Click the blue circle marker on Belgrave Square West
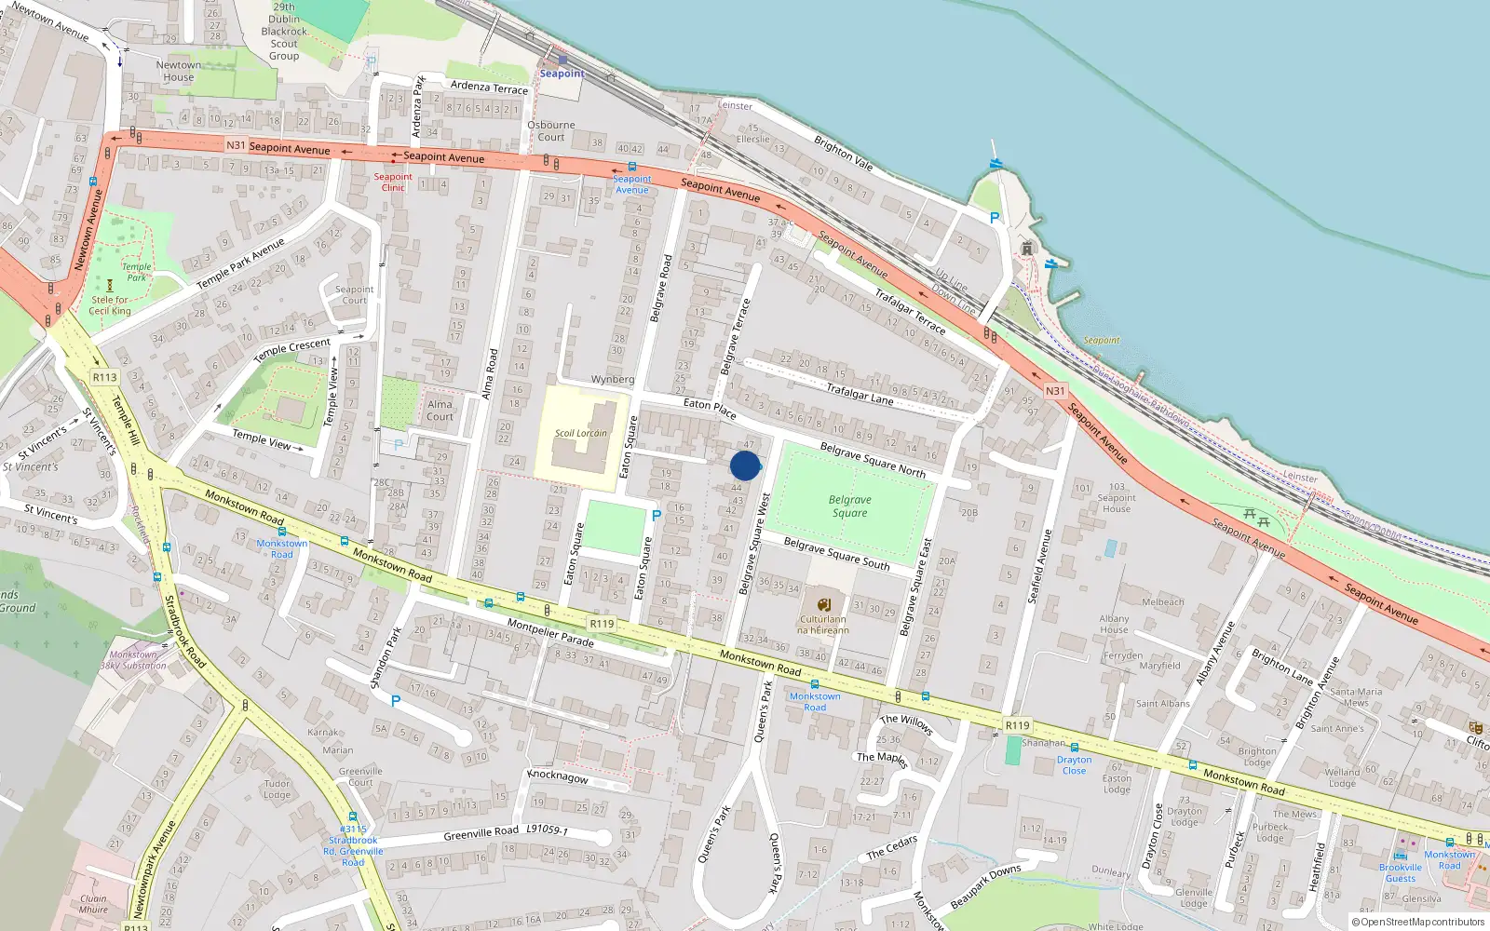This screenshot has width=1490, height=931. pyautogui.click(x=745, y=465)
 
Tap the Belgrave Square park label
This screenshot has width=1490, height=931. pyautogui.click(x=849, y=506)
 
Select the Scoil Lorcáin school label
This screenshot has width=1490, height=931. pyautogui.click(x=580, y=433)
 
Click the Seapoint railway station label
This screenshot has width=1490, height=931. pyautogui.click(x=562, y=74)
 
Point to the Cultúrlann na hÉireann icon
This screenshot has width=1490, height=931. pyautogui.click(x=823, y=603)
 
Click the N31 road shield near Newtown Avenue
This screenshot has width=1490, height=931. pyautogui.click(x=236, y=145)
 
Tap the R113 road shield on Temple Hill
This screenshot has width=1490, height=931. pyautogui.click(x=104, y=377)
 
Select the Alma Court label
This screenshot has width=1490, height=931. pyautogui.click(x=440, y=411)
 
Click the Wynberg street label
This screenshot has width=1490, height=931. pyautogui.click(x=612, y=380)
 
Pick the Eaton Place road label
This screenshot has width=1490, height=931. pyautogui.click(x=710, y=407)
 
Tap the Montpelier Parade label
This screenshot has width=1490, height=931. pyautogui.click(x=550, y=632)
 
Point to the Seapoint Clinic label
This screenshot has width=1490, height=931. pyautogui.click(x=393, y=182)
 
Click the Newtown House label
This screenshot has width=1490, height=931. pyautogui.click(x=178, y=71)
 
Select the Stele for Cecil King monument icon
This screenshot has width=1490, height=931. pyautogui.click(x=110, y=286)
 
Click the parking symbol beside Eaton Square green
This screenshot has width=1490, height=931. pyautogui.click(x=657, y=515)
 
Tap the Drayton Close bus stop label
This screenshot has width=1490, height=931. pyautogui.click(x=1074, y=765)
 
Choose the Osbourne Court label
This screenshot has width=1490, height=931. pyautogui.click(x=551, y=130)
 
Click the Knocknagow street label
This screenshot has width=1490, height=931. pyautogui.click(x=558, y=776)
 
